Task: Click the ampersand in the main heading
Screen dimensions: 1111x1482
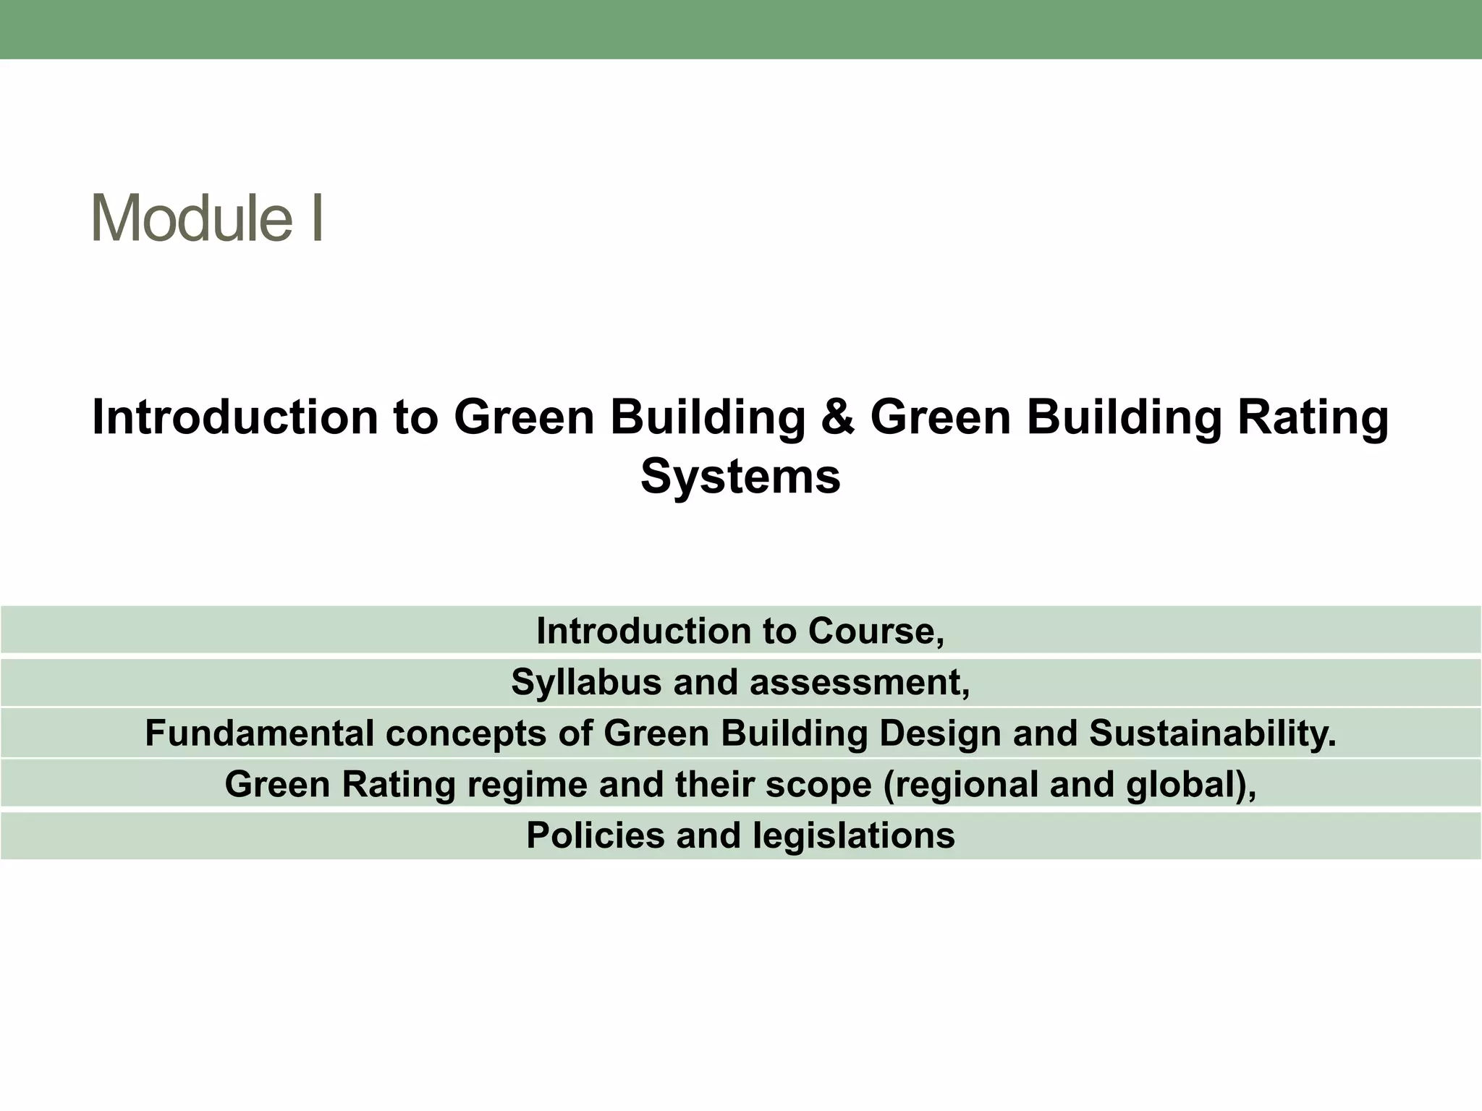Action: (837, 417)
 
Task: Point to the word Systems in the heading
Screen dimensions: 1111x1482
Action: (740, 477)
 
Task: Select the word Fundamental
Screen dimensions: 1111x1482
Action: (258, 733)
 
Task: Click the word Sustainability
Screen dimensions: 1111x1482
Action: (1212, 733)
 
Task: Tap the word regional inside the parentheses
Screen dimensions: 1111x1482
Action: (960, 784)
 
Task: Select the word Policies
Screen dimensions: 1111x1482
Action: (594, 835)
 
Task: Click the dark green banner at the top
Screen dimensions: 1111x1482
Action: (741, 29)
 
